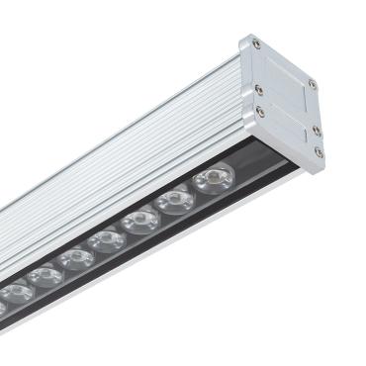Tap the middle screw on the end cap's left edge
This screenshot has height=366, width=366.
click(259, 88)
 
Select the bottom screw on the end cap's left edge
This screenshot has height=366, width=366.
click(260, 112)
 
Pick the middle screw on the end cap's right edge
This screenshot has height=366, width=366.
click(317, 130)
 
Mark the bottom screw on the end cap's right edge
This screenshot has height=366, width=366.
click(319, 152)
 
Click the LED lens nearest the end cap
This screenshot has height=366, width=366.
click(213, 180)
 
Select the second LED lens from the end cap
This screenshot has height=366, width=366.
click(175, 201)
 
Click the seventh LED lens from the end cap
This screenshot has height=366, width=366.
click(17, 294)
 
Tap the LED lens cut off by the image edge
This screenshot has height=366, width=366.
click(2, 308)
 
